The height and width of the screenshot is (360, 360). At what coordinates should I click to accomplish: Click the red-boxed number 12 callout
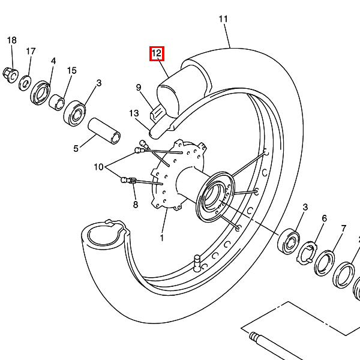coord(157,54)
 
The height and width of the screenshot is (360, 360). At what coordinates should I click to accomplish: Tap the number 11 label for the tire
coord(223,19)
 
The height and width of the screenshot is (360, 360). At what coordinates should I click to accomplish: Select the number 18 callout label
coord(11,40)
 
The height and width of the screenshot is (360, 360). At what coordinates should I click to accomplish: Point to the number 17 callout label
coord(31,51)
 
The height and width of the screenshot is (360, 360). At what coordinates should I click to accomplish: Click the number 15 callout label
coord(71,71)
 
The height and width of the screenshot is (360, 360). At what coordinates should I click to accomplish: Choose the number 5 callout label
coord(76,148)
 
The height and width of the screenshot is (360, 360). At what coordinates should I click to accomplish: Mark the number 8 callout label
coord(136,205)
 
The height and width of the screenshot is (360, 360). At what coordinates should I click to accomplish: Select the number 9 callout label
coord(139,88)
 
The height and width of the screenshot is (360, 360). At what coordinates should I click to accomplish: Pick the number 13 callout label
coord(134,113)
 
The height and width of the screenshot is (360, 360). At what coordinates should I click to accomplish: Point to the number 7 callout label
coord(343,229)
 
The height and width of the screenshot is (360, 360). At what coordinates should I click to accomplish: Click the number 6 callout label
coord(324,218)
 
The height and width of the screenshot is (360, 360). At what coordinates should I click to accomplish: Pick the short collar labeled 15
coord(58,102)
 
